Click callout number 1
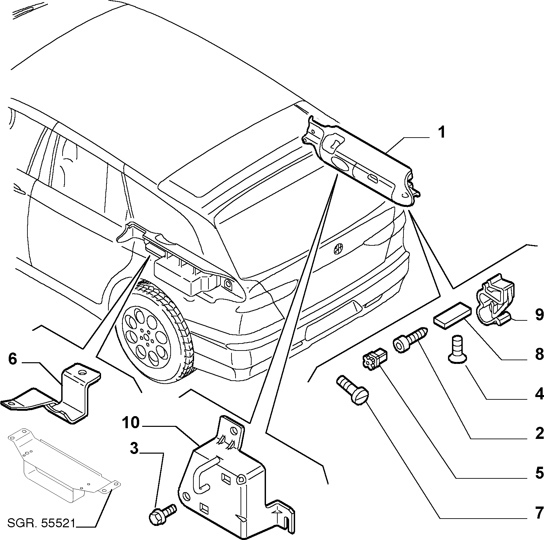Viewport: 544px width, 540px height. pos(442,133)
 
